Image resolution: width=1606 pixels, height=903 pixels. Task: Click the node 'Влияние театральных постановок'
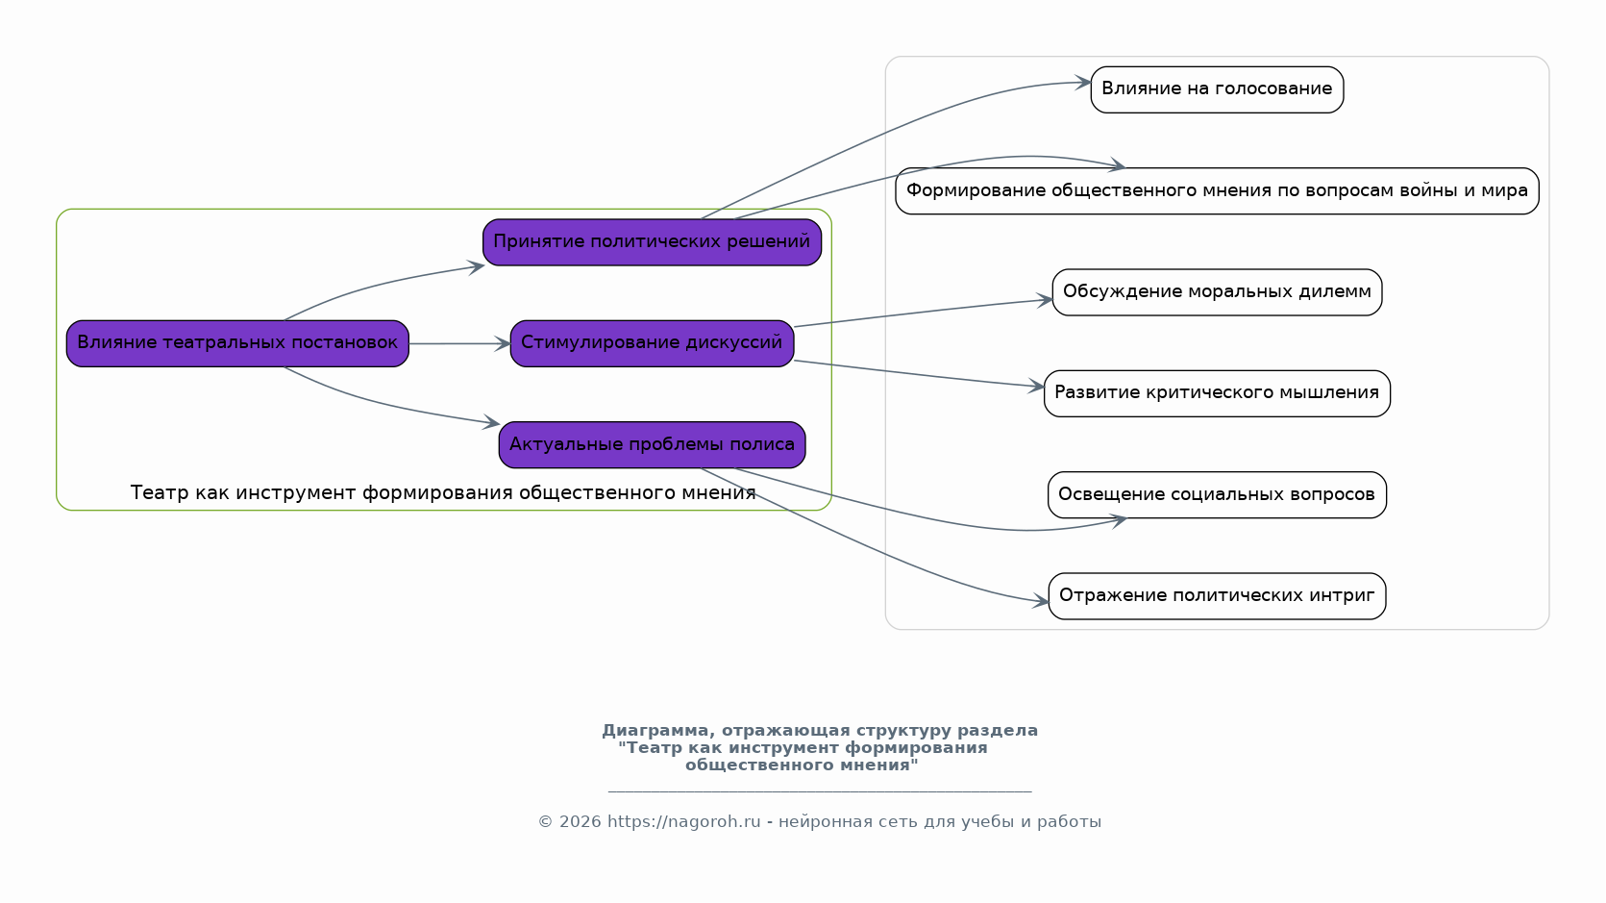click(237, 343)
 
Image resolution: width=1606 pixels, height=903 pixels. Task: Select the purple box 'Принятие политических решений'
click(652, 242)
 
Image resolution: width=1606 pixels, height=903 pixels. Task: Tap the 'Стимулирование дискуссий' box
click(652, 343)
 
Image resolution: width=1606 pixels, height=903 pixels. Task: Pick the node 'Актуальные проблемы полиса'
click(652, 444)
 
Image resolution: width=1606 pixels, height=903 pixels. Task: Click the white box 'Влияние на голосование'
click(1217, 89)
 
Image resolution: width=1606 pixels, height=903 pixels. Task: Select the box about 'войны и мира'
click(1217, 190)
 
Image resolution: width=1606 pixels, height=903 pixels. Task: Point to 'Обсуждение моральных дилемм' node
click(1217, 292)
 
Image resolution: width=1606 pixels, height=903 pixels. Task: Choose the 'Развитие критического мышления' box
click(1217, 393)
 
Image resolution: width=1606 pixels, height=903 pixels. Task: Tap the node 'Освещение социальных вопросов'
click(1217, 495)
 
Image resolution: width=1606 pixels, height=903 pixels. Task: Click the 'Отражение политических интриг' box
click(1217, 596)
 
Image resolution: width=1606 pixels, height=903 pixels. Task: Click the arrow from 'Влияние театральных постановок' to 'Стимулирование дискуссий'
click(459, 343)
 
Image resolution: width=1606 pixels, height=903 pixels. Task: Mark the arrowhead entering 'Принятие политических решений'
click(476, 267)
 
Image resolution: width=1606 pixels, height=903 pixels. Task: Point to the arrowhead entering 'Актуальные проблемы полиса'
click(491, 422)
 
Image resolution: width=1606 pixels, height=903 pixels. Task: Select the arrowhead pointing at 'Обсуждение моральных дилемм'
click(1044, 301)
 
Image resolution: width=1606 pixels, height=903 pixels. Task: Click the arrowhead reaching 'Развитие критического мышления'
click(1036, 386)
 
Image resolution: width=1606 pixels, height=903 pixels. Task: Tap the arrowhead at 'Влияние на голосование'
click(1082, 83)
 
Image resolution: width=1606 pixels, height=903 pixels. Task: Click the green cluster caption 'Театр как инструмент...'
click(443, 492)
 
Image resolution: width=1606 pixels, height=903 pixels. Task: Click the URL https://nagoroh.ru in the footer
click(683, 821)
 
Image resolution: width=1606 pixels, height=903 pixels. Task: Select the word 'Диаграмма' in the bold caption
click(657, 731)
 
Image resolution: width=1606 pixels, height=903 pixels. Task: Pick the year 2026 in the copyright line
click(580, 821)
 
